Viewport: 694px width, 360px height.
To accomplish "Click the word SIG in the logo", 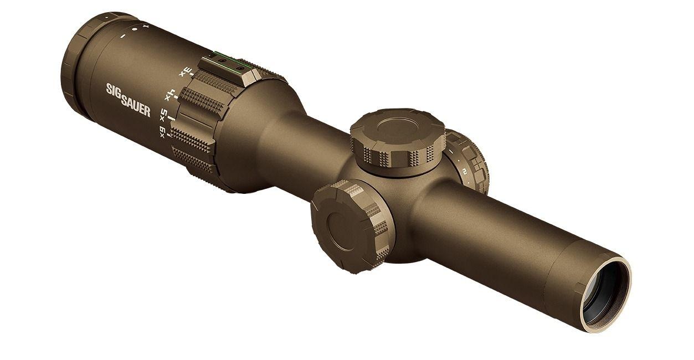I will pos(114,90).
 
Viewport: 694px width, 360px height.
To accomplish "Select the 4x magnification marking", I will pos(171,94).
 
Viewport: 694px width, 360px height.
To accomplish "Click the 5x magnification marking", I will pos(164,115).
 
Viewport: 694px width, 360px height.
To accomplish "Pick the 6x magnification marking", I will pos(162,132).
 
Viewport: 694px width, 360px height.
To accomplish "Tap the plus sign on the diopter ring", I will pos(146,26).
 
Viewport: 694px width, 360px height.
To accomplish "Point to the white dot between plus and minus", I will pos(134,30).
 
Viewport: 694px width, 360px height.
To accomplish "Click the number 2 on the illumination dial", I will pos(465,171).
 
